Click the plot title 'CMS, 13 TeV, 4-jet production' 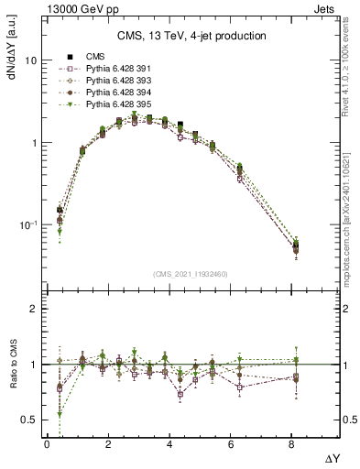click(191, 37)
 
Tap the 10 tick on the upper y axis click(30, 60)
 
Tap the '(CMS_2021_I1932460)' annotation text click(191, 274)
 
